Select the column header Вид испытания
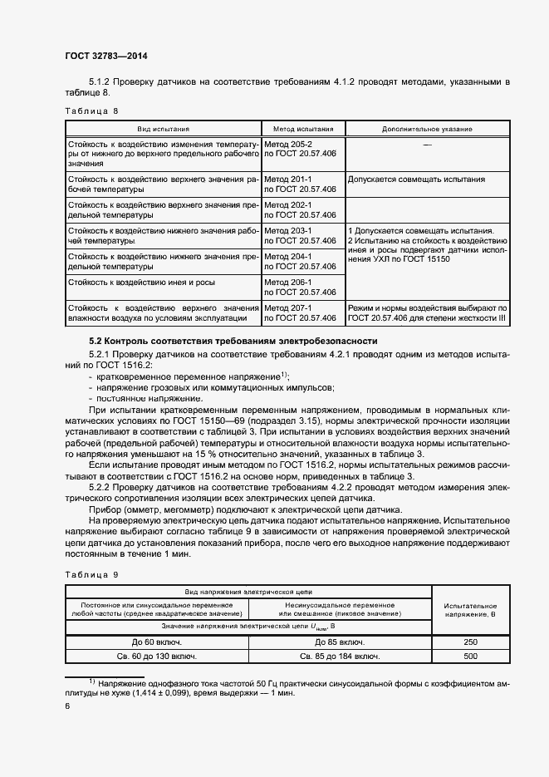pos(164,130)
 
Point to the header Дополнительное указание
pos(427,130)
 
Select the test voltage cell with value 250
pos(470,642)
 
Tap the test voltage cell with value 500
pos(470,657)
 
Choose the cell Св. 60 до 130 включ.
pos(157,657)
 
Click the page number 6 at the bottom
pos(68,706)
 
